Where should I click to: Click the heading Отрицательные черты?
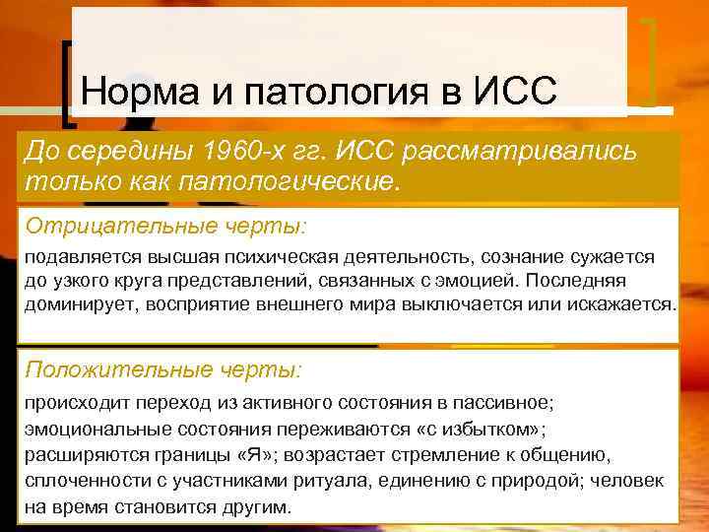[165, 227]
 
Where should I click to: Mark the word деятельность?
[403, 257]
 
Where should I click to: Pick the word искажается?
[627, 304]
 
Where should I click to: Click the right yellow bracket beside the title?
[650, 60]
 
